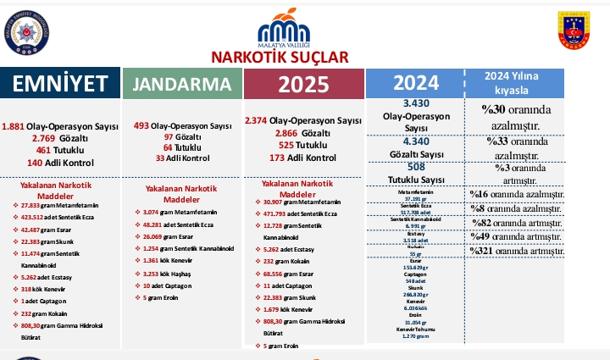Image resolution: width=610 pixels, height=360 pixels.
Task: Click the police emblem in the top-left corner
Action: (26, 33)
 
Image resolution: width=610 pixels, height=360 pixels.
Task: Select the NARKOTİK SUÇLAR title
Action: (280, 57)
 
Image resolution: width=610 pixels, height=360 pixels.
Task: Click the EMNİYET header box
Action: (59, 83)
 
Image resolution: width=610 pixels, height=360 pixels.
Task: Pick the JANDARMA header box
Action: (182, 84)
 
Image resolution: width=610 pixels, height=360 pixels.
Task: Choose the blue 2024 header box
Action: (415, 82)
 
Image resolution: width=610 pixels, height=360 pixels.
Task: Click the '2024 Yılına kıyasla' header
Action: (518, 82)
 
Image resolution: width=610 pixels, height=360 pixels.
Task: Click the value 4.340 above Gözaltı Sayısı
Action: (415, 141)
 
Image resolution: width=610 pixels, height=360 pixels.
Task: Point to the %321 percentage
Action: (485, 251)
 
